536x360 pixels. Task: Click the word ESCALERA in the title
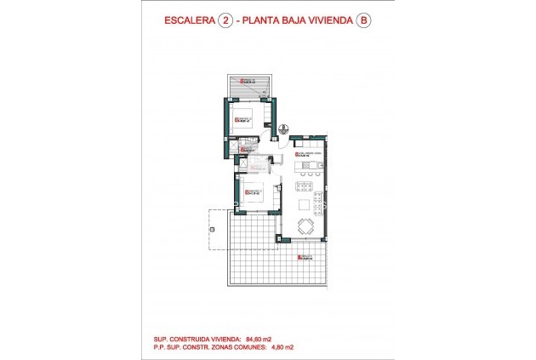pyautogui.click(x=188, y=23)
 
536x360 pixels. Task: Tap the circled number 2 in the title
pyautogui.click(x=225, y=23)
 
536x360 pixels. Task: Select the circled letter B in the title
pyautogui.click(x=366, y=23)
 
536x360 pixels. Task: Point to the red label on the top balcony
pyautogui.click(x=248, y=83)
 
